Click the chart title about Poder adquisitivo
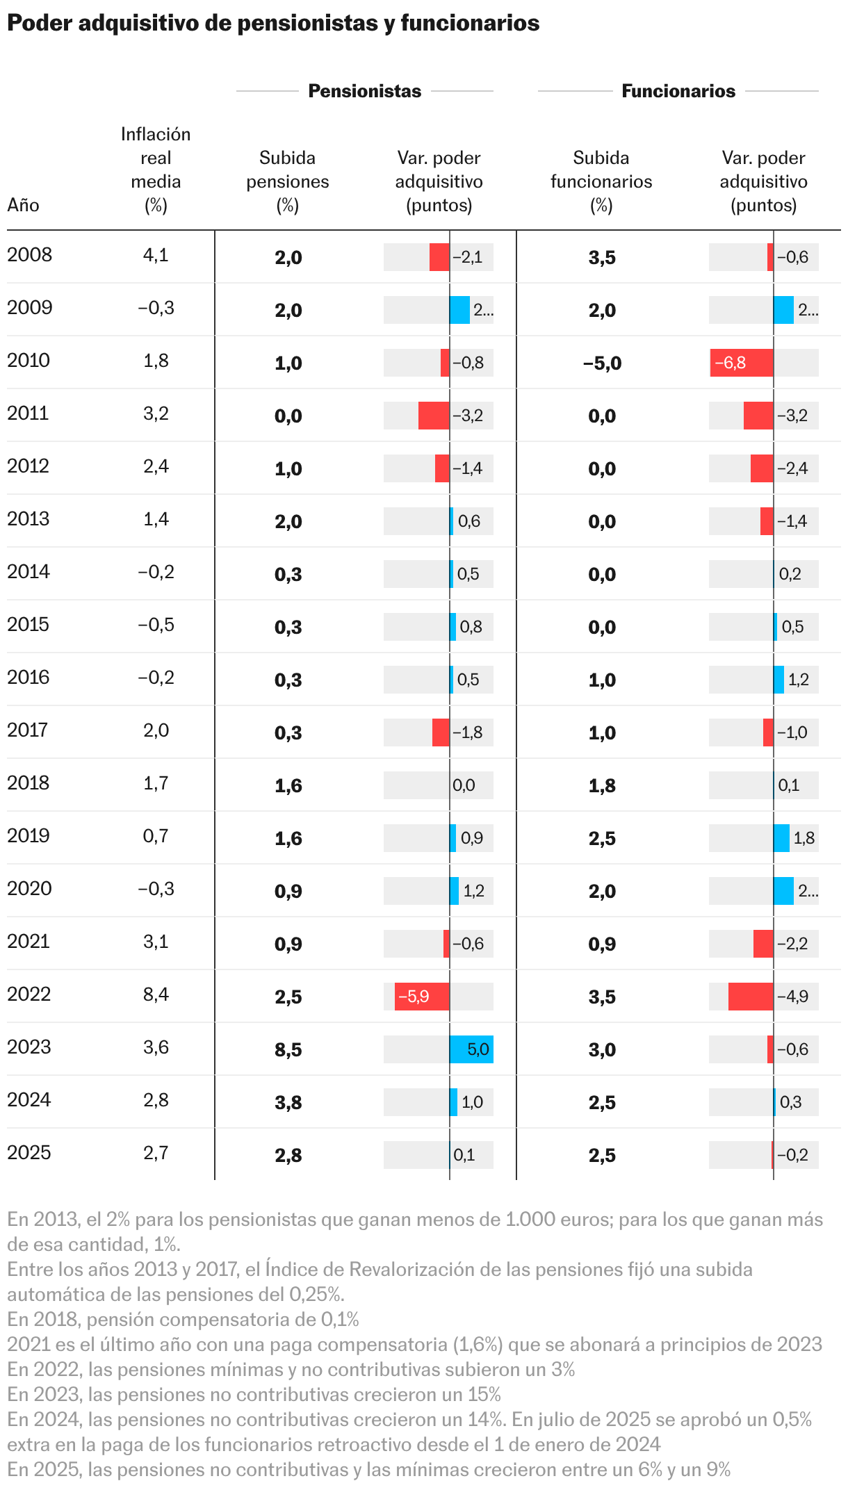[x=273, y=24]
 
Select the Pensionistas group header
[x=364, y=91]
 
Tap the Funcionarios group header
[x=678, y=91]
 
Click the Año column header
[x=23, y=205]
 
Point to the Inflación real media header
[x=156, y=170]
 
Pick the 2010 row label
[x=28, y=361]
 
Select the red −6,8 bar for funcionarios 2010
[x=741, y=363]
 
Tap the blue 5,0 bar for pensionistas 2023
[x=471, y=1049]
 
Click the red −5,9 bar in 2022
[x=422, y=997]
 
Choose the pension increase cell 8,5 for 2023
[x=288, y=1049]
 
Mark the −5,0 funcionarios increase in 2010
[x=602, y=363]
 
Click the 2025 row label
[x=29, y=1153]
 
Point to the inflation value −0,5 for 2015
[x=156, y=625]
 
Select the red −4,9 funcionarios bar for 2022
[x=751, y=997]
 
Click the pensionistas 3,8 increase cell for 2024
[x=288, y=1102]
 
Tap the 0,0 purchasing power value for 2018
[x=464, y=785]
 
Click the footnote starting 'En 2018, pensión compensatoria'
[x=183, y=1319]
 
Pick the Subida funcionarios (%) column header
[x=601, y=181]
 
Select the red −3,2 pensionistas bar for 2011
[x=434, y=416]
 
